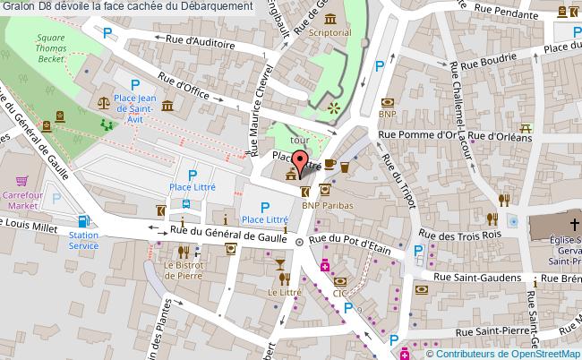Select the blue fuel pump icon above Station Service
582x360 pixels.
pos(83,221)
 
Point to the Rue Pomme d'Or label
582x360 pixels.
pos(417,136)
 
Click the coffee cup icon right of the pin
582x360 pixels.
pos(330,164)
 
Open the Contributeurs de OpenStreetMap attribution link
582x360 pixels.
pos(509,352)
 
